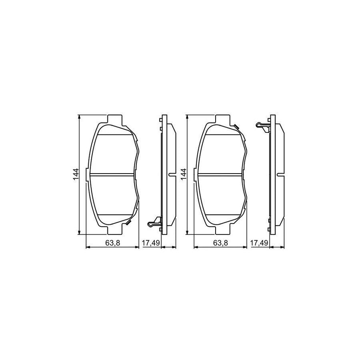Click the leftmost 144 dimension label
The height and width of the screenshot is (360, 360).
pos(76,175)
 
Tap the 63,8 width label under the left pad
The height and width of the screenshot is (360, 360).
pos(113,242)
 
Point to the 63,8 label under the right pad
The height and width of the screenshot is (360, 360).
pos(220,242)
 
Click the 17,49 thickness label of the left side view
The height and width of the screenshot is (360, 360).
pos(150,242)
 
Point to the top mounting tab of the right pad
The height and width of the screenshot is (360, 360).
pos(222,119)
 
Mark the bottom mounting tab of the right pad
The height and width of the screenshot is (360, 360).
pos(222,231)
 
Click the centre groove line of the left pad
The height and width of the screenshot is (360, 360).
pos(113,174)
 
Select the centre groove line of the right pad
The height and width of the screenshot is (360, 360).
pos(220,174)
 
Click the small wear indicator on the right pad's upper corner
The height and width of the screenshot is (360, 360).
pos(236,127)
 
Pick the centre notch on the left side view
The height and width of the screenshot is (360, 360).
pos(172,174)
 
